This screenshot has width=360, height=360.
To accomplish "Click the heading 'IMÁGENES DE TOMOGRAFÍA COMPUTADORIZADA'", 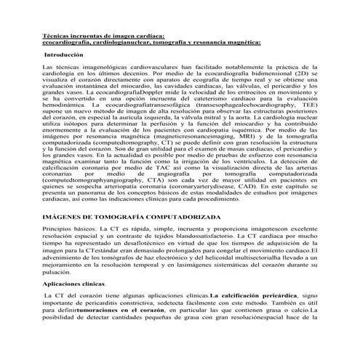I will click(x=128, y=215).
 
